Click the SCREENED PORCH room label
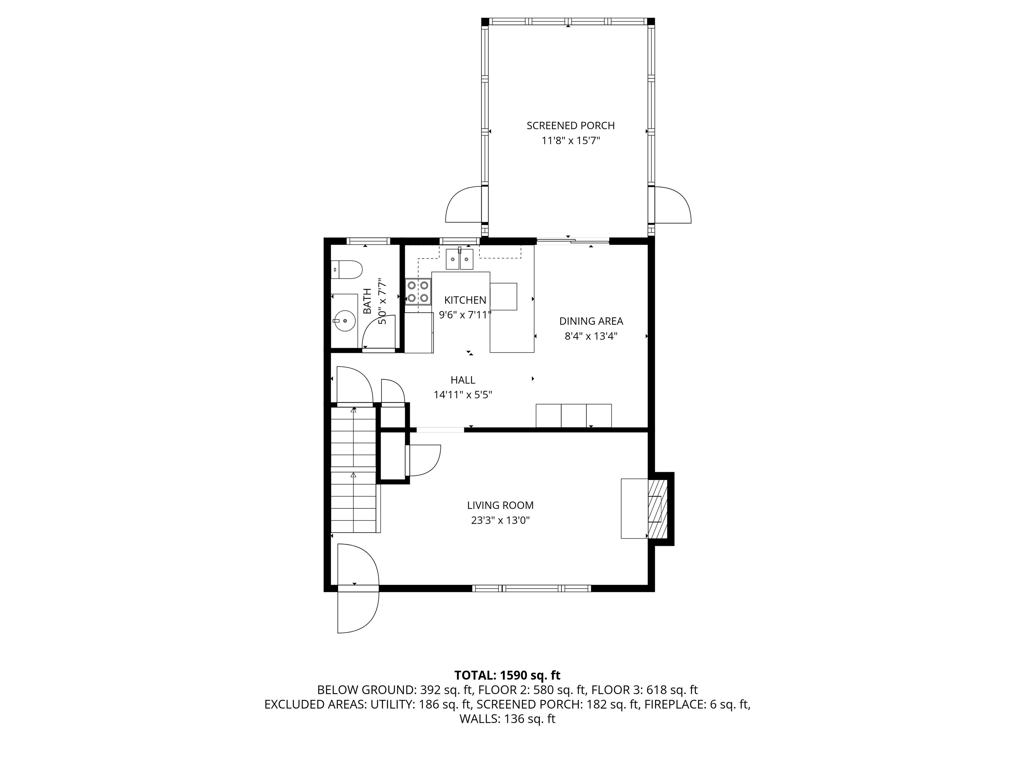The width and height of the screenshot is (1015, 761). (x=570, y=126)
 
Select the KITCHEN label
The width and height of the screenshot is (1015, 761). (x=465, y=300)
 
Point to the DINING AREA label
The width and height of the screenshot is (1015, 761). (x=591, y=321)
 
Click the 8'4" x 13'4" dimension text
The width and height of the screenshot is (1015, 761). (x=591, y=336)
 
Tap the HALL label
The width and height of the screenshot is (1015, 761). (x=463, y=380)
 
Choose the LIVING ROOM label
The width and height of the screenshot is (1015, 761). (x=500, y=505)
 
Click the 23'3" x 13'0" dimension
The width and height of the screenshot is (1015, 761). (x=500, y=521)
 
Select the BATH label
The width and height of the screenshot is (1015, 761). (x=367, y=301)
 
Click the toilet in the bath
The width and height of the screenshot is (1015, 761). (x=347, y=270)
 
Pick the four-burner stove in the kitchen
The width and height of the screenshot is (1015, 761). (x=418, y=291)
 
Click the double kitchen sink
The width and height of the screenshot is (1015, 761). (x=459, y=259)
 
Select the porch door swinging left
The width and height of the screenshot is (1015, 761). (x=464, y=204)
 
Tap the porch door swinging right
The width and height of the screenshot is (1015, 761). (x=673, y=205)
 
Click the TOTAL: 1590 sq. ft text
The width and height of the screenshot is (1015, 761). (x=507, y=675)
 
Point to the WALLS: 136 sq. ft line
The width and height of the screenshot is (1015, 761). (x=507, y=719)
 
